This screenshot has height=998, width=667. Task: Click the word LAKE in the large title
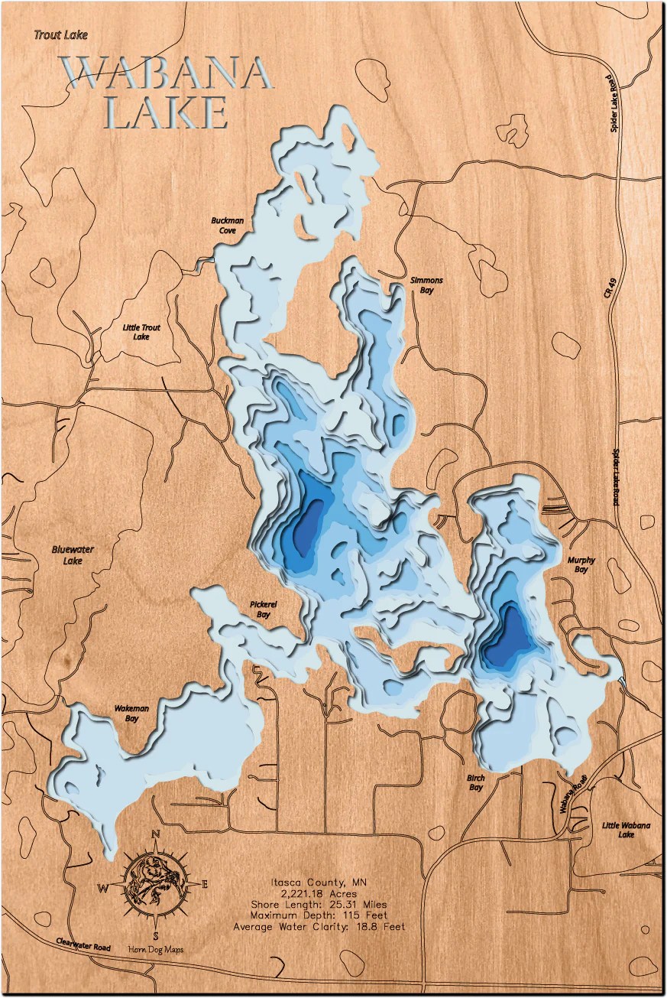[x=165, y=112]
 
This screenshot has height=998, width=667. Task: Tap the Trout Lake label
[x=60, y=34]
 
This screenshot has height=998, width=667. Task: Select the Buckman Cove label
[x=228, y=226]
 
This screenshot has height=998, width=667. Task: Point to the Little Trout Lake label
[x=141, y=331]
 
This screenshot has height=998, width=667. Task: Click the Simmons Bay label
[x=426, y=285]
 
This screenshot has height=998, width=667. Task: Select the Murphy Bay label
[x=581, y=565]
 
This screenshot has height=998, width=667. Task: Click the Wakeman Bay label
[x=131, y=714]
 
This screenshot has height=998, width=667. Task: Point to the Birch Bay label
[x=475, y=782]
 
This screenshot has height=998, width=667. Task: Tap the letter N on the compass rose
[x=156, y=834]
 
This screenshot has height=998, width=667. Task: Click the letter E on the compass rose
[x=205, y=884]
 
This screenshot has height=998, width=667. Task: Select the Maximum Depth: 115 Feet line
[x=319, y=915]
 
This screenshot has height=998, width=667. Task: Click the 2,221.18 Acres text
[x=319, y=893]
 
